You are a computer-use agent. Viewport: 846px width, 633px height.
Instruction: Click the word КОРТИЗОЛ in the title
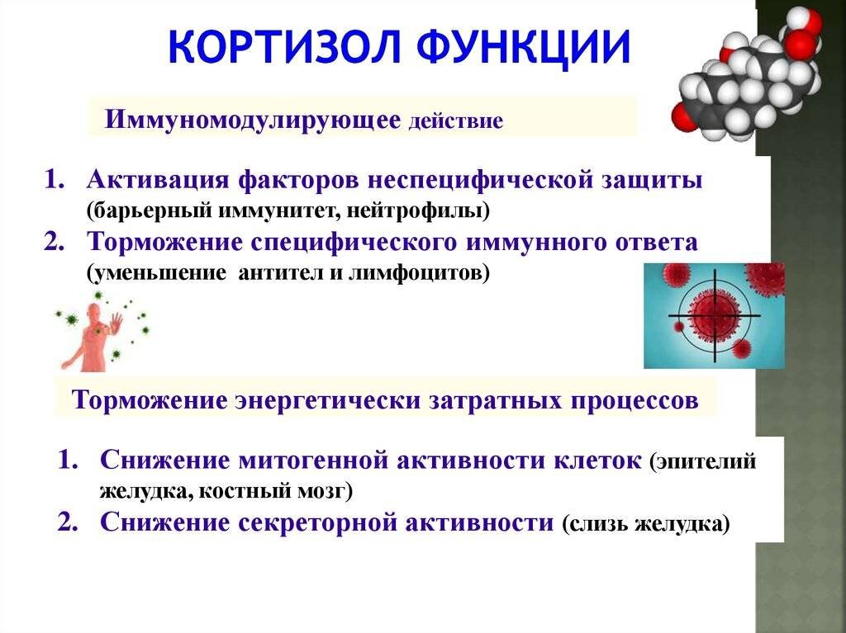(284, 46)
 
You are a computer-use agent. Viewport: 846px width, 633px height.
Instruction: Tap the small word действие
(456, 120)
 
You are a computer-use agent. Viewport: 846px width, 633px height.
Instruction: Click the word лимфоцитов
(419, 273)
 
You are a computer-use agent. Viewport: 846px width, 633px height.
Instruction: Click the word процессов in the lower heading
(631, 401)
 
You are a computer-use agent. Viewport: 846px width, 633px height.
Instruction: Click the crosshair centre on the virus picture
(715, 316)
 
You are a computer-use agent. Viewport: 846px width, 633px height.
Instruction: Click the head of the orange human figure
(95, 313)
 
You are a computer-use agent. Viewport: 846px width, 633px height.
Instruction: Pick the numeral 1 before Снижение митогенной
(66, 461)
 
